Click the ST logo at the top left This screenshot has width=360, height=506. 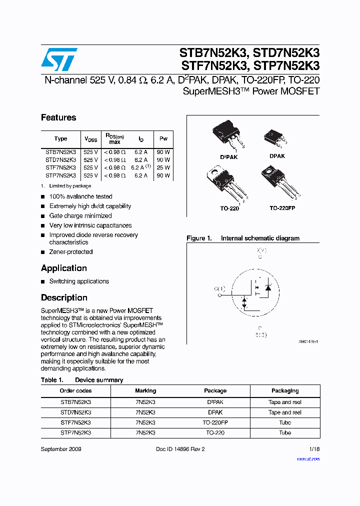coord(59,59)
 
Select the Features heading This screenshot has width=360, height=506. coord(58,117)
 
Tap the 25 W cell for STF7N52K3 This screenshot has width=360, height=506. coord(163,167)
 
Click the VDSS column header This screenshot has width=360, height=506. coord(91,139)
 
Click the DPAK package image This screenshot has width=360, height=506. coord(274,137)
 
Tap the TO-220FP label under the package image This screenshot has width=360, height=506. coord(282,207)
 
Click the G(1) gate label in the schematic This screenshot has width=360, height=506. coord(219,288)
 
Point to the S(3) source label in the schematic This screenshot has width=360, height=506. coord(260,334)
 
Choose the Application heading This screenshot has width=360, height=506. coord(64,268)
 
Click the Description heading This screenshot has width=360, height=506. coord(64,297)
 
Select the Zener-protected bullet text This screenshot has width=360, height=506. coord(71,252)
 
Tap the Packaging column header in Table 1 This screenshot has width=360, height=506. coord(285,390)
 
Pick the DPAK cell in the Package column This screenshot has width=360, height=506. coord(215,412)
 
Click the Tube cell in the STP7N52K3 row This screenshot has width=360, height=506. coord(285,432)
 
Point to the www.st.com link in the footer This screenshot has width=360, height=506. coord(308,458)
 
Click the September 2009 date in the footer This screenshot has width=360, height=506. coord(61,449)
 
